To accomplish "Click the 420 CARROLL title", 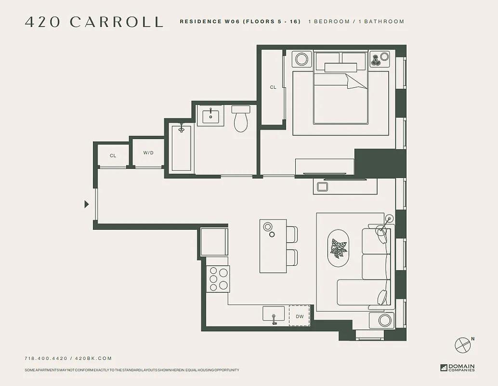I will tap(94, 22).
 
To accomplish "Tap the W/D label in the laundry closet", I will tap(148, 153).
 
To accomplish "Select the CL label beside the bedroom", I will tap(273, 87).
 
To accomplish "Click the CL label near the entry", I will tap(113, 156).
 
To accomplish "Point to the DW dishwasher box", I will tap(300, 316).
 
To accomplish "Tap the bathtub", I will tap(182, 148).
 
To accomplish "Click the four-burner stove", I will tap(218, 278).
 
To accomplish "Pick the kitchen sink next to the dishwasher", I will tap(274, 314).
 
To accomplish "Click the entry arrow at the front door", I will tap(87, 204).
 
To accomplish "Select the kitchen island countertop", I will tap(273, 246).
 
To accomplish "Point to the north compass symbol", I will tap(462, 344).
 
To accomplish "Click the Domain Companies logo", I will tap(457, 368).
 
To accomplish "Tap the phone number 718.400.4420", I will tap(46, 358).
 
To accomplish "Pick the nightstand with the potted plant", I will tap(380, 59).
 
